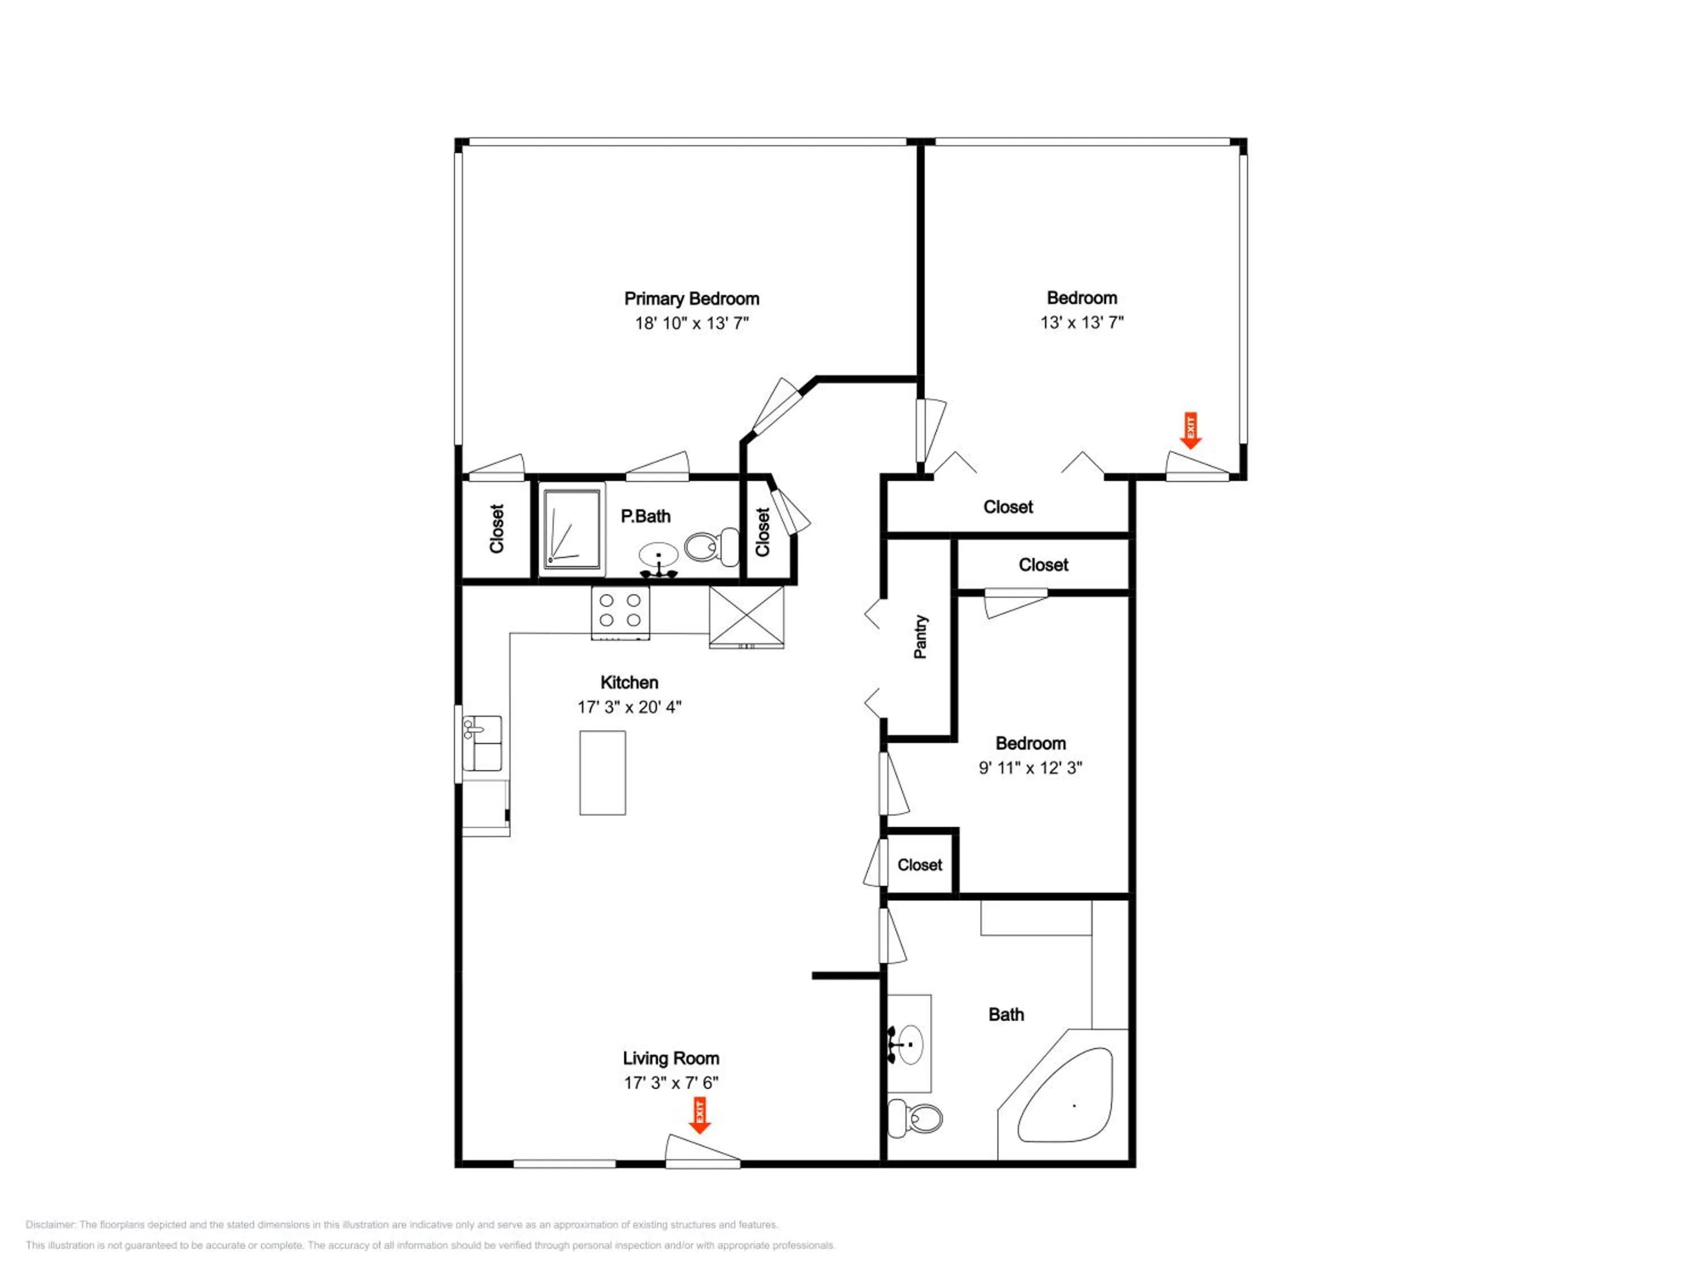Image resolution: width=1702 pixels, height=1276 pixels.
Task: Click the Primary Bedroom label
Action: coord(691,298)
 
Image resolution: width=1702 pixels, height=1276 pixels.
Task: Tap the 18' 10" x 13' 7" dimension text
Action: coord(691,323)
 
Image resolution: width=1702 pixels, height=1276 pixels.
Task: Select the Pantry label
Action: coord(920,636)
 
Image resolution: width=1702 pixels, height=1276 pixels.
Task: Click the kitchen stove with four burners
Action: coord(620,613)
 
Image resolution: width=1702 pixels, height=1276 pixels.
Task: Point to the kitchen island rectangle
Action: coord(603,772)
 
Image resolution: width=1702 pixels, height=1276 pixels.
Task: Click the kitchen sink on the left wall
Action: coord(482,742)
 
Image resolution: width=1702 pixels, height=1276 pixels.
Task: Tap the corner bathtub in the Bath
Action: coord(1065,1095)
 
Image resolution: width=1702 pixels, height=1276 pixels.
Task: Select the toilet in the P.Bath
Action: coord(712,546)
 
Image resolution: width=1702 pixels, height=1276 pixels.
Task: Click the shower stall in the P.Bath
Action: coord(572,529)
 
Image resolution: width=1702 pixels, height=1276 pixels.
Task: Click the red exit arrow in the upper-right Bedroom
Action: coord(1191,430)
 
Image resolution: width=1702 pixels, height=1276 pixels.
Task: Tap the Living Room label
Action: coord(671,1058)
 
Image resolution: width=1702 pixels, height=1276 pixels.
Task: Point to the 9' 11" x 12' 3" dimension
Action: coord(1030,768)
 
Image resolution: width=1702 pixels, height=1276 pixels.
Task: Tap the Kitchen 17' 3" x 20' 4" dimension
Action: coord(629,707)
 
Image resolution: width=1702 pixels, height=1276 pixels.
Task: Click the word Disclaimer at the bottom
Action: coord(51,1224)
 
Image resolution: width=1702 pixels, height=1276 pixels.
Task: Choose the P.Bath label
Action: coord(646,516)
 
